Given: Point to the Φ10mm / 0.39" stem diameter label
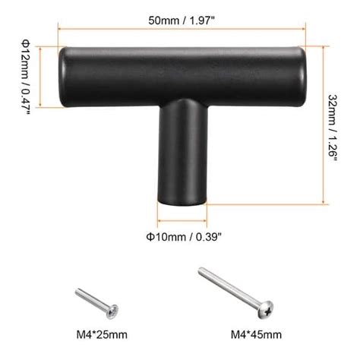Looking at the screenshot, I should (x=183, y=236).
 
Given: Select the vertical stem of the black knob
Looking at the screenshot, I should (x=182, y=152).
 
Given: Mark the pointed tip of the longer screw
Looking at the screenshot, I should (x=201, y=270).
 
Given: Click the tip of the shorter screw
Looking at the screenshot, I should (x=77, y=289).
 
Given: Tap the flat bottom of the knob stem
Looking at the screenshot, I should (x=182, y=203).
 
